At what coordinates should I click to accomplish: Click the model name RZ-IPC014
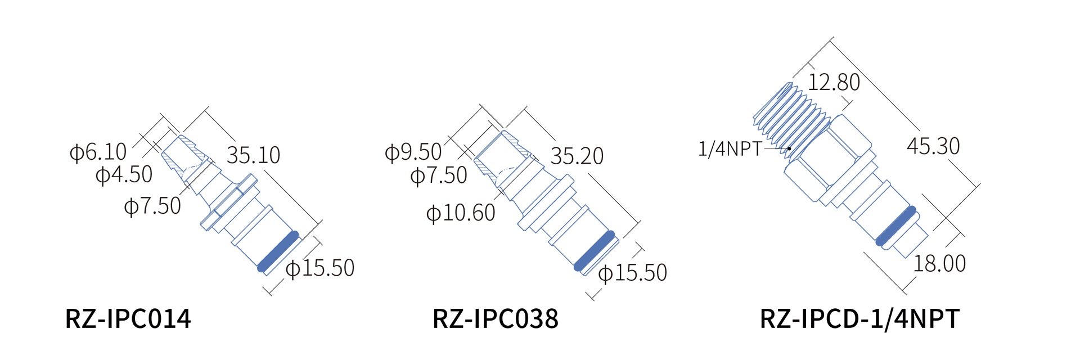click(x=128, y=318)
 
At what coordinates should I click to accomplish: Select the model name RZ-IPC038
click(x=496, y=318)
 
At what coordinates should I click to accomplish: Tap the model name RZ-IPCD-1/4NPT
click(x=859, y=319)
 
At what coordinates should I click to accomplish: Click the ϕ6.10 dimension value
click(x=98, y=152)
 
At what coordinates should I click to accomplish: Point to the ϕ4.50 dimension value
click(x=124, y=175)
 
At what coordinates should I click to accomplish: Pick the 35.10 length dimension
click(x=253, y=155)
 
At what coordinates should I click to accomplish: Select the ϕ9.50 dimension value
click(x=413, y=152)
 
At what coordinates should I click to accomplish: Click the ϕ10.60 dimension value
click(x=461, y=213)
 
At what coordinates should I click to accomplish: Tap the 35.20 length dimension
click(x=577, y=156)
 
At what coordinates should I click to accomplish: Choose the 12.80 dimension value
click(x=834, y=83)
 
